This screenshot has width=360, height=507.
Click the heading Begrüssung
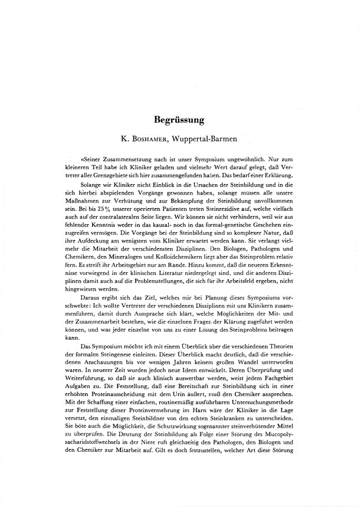click(179, 119)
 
